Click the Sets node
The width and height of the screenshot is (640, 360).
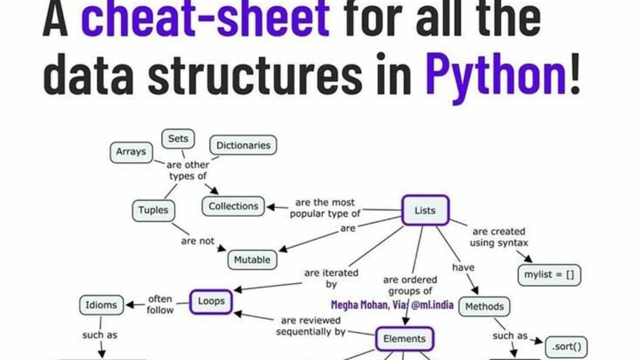tap(178, 139)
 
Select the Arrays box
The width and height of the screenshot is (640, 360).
tap(131, 152)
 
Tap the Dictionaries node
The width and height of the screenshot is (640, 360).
tap(243, 145)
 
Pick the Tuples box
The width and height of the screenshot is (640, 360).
tap(153, 210)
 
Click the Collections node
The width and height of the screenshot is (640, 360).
tap(233, 206)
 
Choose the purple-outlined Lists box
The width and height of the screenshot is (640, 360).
tap(425, 210)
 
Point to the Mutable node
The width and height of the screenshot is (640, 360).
tap(252, 260)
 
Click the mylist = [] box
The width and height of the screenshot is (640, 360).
tap(549, 275)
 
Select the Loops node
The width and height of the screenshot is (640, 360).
tap(211, 301)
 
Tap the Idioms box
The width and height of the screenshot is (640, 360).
tap(101, 305)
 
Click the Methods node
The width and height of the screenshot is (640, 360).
tap(484, 307)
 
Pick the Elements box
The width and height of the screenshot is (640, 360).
tap(404, 339)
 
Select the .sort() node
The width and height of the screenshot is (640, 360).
tap(566, 346)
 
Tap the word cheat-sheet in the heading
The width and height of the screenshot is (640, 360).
tap(206, 18)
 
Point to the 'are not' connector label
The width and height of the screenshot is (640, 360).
tap(198, 241)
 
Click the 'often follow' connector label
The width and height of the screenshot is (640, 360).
tap(160, 304)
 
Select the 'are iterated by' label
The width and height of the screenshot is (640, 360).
tap(331, 278)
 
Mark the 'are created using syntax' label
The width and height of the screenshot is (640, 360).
tap(498, 237)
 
